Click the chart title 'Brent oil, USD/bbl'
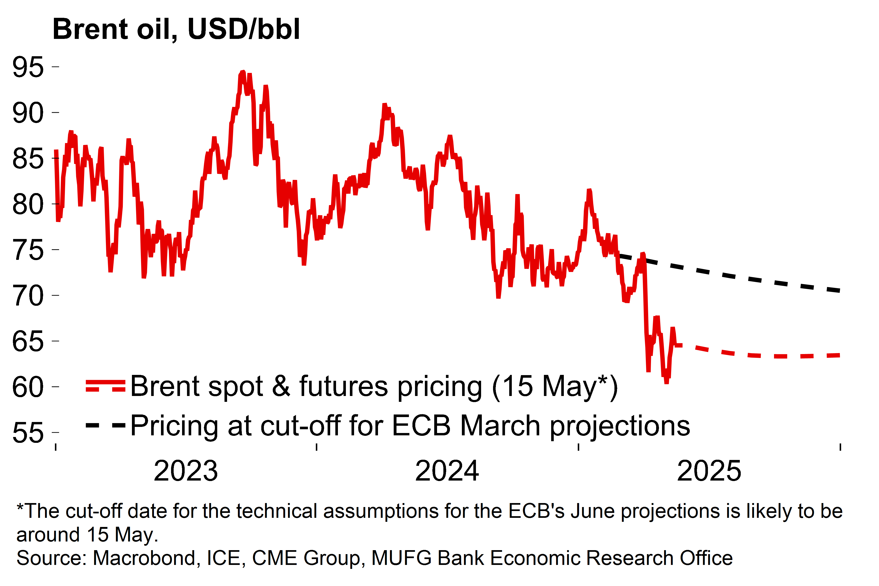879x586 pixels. [x=176, y=29]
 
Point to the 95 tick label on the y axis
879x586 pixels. [x=28, y=67]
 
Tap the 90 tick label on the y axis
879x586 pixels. [x=28, y=113]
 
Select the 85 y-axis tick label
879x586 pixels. [x=28, y=159]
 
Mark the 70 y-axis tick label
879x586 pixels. [x=28, y=296]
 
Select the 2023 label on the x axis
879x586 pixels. [x=186, y=471]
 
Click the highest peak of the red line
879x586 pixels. [x=243, y=71]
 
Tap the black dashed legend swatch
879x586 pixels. [x=106, y=425]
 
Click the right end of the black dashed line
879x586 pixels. [x=839, y=291]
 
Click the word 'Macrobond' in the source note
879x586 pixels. [x=144, y=558]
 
